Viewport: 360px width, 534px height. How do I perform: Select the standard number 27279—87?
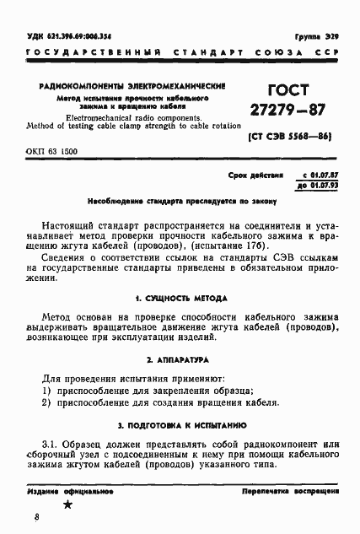(288, 111)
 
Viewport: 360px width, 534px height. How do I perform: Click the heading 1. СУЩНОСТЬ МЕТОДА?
(178, 299)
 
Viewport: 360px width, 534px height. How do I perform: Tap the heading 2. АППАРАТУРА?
(178, 359)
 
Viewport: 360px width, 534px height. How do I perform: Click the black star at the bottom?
(68, 504)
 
